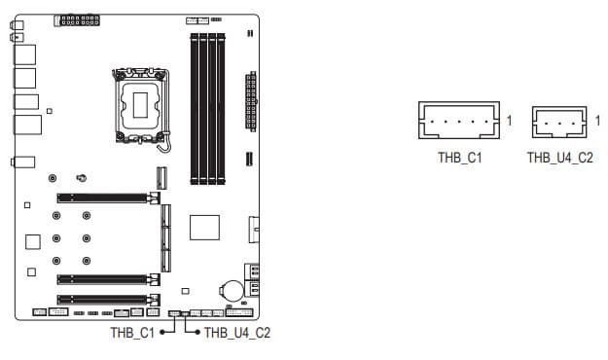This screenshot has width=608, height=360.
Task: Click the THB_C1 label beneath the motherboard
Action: (x=132, y=333)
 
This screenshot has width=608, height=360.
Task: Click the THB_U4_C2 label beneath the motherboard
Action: (x=237, y=333)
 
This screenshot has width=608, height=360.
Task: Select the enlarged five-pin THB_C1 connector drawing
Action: (x=459, y=121)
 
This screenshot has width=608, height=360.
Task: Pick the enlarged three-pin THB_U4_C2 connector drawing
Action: (x=559, y=122)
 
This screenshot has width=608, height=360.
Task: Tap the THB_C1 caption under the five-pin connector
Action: (x=460, y=158)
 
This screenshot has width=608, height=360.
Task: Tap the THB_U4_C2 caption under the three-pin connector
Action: (x=560, y=158)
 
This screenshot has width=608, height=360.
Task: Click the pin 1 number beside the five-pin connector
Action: (x=510, y=121)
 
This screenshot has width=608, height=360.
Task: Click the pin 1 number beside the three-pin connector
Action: (x=597, y=121)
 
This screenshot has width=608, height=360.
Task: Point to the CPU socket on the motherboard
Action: (x=141, y=105)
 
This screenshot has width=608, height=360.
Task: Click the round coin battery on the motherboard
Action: (x=232, y=291)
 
